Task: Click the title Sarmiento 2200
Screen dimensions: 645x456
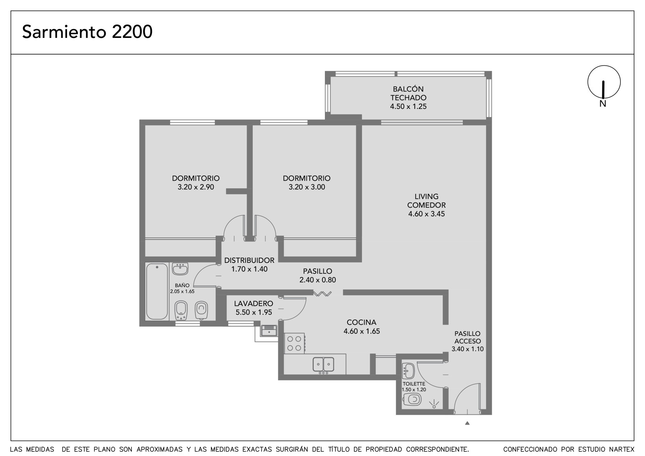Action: click(x=87, y=32)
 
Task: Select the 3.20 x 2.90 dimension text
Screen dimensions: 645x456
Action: click(x=196, y=187)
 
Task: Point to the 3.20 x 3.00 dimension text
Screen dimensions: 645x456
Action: click(x=307, y=187)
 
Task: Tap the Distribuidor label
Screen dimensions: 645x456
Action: click(x=250, y=260)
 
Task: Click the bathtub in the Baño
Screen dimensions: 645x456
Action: click(x=157, y=292)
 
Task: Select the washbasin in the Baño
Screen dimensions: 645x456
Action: click(x=180, y=269)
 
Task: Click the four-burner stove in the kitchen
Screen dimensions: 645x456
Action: click(x=295, y=344)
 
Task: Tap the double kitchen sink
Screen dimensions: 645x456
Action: click(x=323, y=365)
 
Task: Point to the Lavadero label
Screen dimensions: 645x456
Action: click(x=254, y=304)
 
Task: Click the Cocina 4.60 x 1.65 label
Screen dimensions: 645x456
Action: click(x=361, y=327)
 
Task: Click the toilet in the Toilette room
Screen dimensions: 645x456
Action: click(x=412, y=400)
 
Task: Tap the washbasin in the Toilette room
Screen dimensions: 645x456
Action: click(x=409, y=371)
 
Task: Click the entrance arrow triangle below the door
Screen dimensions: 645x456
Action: click(x=467, y=423)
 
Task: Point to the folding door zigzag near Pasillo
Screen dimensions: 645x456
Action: click(x=322, y=294)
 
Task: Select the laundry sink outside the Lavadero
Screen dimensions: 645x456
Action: click(x=269, y=331)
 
